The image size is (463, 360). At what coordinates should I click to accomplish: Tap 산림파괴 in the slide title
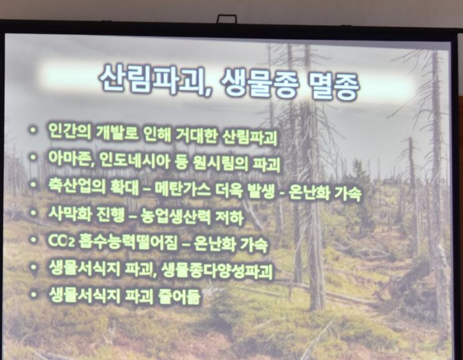tap(154, 79)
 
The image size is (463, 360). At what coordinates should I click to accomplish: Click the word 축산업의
tap(77, 186)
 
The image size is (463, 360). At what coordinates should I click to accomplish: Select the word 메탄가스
tap(183, 189)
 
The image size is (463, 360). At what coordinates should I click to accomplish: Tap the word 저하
tap(230, 219)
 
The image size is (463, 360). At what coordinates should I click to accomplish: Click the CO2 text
tap(60, 240)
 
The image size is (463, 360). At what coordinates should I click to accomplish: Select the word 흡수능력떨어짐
tap(129, 242)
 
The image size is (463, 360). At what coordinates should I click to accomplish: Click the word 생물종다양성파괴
tap(217, 271)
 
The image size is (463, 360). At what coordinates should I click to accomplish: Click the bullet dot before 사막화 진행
tap(33, 212)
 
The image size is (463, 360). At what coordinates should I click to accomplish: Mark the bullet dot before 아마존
tap(33, 157)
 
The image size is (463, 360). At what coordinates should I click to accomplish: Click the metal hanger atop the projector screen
tap(226, 19)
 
